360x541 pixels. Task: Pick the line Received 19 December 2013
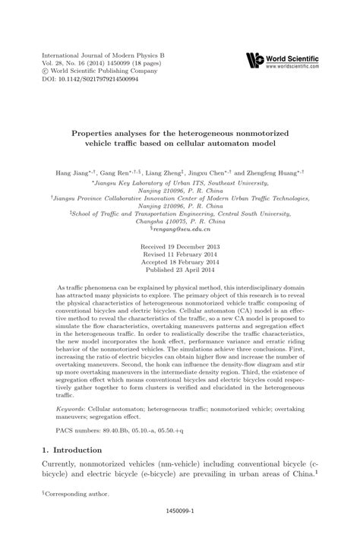pos(180,248)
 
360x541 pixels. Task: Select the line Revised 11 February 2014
pos(180,256)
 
